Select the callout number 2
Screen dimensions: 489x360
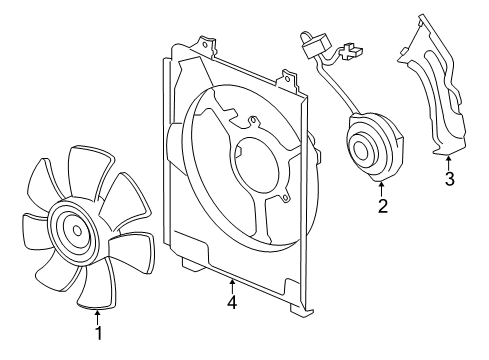pos(383,206)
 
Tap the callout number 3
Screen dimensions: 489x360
pos(450,179)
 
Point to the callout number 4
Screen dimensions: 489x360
pos(232,302)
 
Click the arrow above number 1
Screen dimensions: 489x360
pos(97,317)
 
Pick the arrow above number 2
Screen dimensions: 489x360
pos(381,190)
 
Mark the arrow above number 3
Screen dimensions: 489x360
pos(449,164)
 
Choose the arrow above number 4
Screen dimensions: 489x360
pos(232,287)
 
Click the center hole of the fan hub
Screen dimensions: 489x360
pos(77,230)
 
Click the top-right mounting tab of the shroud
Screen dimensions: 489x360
pos(289,79)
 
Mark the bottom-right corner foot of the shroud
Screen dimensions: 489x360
pos(302,312)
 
